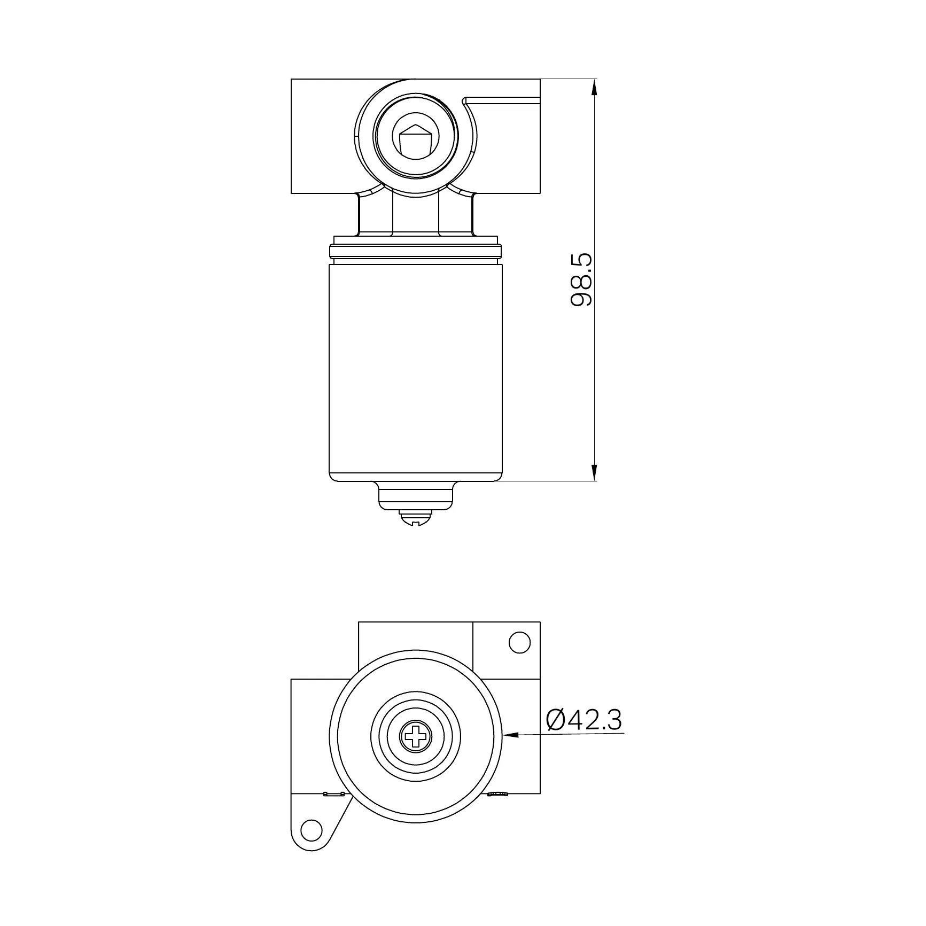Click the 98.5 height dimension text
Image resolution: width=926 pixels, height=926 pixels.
coord(581,280)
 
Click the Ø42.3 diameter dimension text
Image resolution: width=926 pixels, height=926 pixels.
coord(584,720)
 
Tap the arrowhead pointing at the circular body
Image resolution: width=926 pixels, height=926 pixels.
coord(510,735)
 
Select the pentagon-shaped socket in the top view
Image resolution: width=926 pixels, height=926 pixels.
coord(416,141)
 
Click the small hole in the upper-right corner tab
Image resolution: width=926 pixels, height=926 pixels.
coord(519,642)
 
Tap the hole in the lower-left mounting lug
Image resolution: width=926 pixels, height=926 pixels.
coord(312,844)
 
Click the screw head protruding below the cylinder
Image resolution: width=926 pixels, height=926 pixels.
coord(416,518)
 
